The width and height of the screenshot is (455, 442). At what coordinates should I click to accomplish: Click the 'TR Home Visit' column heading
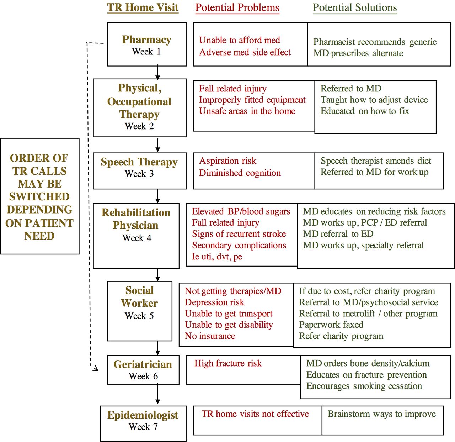coord(143,7)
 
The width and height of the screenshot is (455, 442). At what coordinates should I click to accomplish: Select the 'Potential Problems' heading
coord(237,7)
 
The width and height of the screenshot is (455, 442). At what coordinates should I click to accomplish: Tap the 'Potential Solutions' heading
coord(355,7)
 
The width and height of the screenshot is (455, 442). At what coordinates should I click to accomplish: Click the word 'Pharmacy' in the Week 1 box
coord(146,40)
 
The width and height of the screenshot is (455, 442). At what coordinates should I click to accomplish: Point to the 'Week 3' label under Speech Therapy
coord(139,173)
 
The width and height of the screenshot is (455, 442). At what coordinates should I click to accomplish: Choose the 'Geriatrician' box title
coord(143,364)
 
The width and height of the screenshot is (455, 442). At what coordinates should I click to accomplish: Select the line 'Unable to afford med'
coord(240,40)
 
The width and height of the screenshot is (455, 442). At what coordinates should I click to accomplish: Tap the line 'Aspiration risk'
coord(227,161)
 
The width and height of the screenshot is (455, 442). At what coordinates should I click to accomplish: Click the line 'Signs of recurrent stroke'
coord(239,234)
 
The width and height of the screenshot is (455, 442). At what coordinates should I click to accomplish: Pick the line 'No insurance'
coord(210,336)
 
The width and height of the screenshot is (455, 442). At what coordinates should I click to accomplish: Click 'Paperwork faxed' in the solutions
coord(331,325)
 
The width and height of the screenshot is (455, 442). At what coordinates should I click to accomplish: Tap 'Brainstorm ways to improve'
coord(381,414)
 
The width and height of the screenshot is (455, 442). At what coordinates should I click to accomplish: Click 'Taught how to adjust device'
coord(374,100)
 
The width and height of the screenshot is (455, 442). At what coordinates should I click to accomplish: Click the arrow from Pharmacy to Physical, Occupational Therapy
coord(157,72)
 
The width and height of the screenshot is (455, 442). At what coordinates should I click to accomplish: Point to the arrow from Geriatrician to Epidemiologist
coord(157,394)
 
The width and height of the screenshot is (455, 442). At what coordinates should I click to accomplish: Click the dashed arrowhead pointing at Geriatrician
coord(95,369)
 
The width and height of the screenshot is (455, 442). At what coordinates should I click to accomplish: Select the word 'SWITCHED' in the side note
coord(39,197)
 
